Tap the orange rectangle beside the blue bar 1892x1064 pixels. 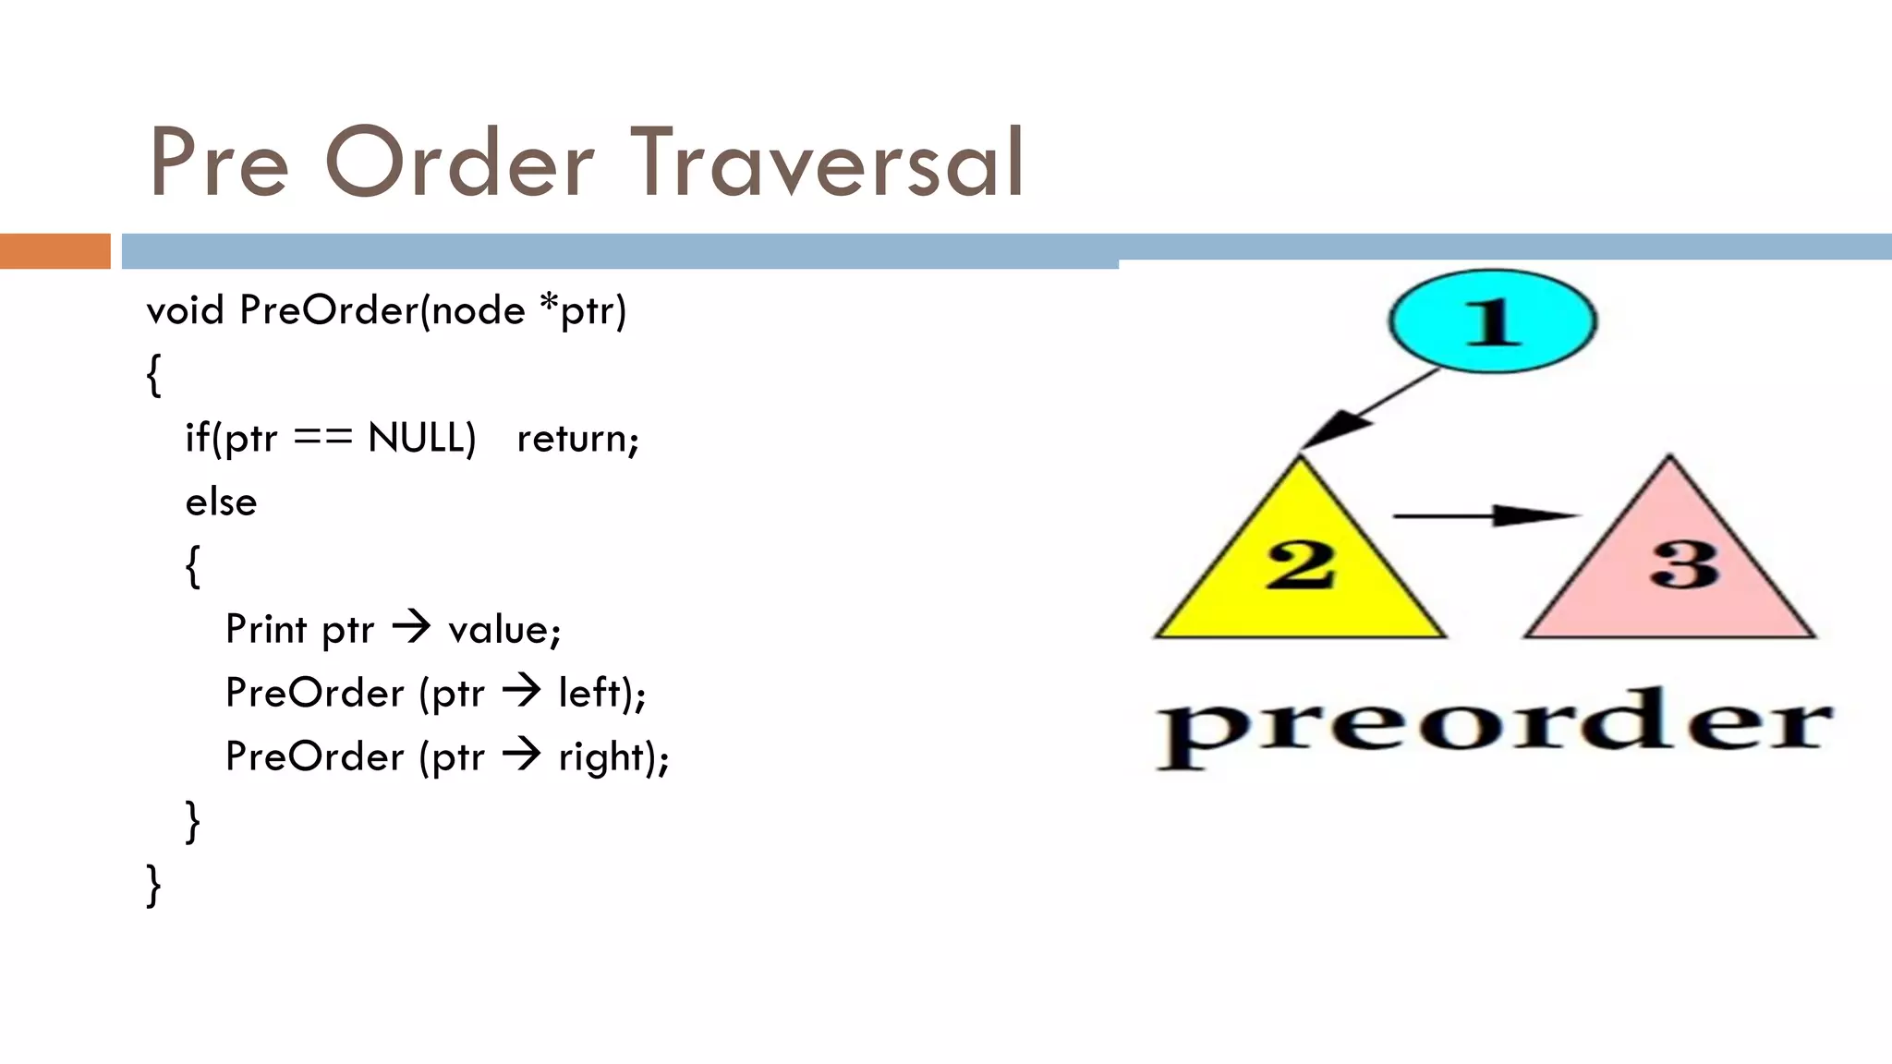pos(55,251)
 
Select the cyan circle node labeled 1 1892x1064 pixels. pos(1492,320)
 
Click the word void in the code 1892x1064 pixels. pos(185,310)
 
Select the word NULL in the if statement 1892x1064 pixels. pos(420,438)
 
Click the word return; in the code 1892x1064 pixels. pos(577,439)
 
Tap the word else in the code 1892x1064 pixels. pos(221,502)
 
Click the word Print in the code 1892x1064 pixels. pos(266,630)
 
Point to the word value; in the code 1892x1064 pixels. pos(504,630)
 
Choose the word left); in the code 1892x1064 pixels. pos(601,693)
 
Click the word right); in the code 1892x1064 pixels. pos(613,757)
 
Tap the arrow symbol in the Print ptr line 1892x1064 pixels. pos(411,628)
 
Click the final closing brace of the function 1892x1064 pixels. pos(153,885)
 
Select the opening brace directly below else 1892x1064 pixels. pos(192,565)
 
